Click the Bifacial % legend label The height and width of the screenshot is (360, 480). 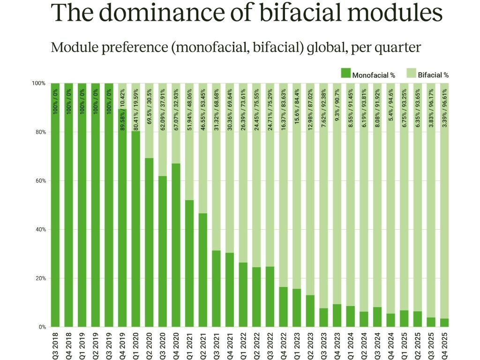[434, 75]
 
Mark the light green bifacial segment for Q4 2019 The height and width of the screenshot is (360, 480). [123, 96]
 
